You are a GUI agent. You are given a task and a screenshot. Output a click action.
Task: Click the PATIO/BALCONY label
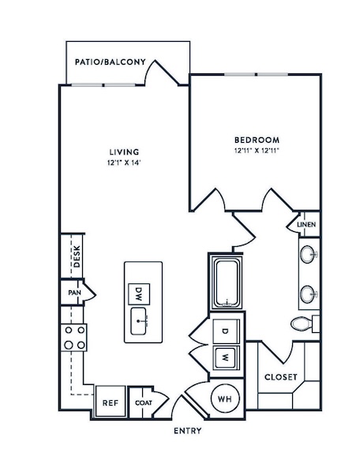tap(111, 62)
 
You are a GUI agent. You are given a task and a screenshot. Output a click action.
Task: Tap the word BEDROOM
tap(257, 140)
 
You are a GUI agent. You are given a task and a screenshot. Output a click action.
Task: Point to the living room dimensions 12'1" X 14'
tap(124, 163)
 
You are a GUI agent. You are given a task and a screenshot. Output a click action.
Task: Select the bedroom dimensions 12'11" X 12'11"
tap(257, 151)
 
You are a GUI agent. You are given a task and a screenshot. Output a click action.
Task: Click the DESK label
tap(77, 256)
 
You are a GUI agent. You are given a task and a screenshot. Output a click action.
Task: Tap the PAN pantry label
tap(74, 293)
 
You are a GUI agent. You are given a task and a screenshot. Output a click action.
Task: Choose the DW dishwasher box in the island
tap(139, 294)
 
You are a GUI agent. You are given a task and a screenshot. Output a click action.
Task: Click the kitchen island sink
tap(139, 321)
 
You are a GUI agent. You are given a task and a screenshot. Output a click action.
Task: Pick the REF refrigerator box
tap(111, 402)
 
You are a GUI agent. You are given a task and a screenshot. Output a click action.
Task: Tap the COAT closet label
tap(144, 403)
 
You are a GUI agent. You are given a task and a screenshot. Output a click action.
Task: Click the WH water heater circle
tap(225, 398)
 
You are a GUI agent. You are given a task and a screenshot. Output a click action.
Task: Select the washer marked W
tap(226, 358)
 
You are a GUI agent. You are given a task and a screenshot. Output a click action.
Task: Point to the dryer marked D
tap(226, 331)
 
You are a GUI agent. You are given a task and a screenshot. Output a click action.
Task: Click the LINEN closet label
tap(306, 224)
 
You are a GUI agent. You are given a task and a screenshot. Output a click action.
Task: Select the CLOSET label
tap(281, 377)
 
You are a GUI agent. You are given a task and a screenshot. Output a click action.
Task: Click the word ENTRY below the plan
tap(188, 431)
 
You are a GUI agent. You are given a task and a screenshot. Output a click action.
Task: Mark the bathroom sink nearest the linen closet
tap(309, 254)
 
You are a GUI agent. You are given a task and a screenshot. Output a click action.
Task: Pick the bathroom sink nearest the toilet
tap(309, 294)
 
